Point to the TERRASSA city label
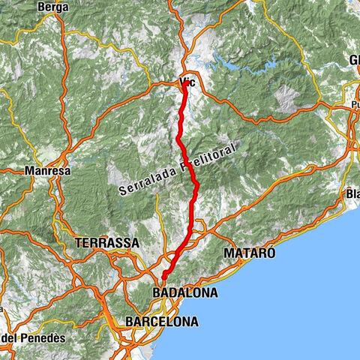coord(106,243)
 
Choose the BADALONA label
coord(184,293)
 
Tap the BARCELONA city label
coord(163,322)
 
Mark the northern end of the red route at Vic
coord(184,85)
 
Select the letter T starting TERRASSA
coord(79,243)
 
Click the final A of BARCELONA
coord(194,322)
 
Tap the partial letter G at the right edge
coord(354,60)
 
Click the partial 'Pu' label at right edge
coord(354,106)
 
